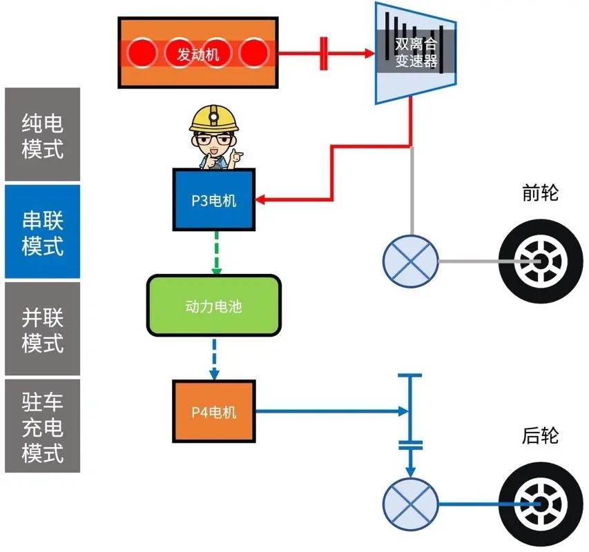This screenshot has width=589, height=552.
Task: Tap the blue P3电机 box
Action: pos(213,200)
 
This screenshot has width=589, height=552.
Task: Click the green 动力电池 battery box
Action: pos(213,306)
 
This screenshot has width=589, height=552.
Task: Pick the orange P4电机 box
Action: pos(213,412)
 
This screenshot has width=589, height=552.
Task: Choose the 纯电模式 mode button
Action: pos(42,135)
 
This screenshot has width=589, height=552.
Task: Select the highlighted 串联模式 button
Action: pos(42,232)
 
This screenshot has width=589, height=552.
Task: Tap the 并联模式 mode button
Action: pos(42,329)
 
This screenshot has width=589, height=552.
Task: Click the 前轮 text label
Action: pos(540,193)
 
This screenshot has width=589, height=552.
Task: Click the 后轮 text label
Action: pos(540,436)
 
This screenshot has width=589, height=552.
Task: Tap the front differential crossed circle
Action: pos(410,262)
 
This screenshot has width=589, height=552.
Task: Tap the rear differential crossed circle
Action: pos(410,503)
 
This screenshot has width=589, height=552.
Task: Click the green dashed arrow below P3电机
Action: pos(216,252)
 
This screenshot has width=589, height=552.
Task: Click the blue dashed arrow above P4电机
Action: pos(214,358)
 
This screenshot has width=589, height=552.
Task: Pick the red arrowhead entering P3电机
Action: pos(262,200)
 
